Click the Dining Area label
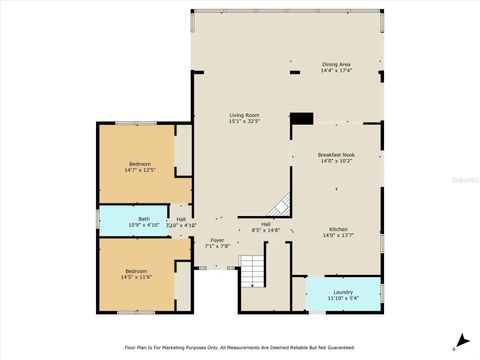[336, 64]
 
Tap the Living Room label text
[244, 115]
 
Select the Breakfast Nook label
[336, 155]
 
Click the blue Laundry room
[342, 293]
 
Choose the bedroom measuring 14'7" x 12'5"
[139, 166]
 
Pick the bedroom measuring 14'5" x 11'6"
[139, 274]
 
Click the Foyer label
[217, 240]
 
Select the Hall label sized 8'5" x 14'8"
[266, 224]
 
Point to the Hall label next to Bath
[181, 219]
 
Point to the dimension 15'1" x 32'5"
[244, 121]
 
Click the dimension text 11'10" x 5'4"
[342, 297]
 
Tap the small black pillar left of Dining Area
[294, 72]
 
